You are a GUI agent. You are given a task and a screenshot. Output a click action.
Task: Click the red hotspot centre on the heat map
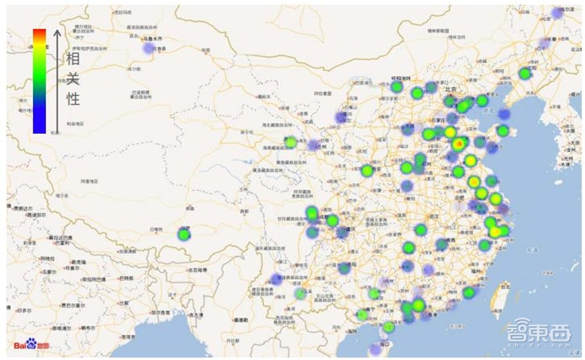point(458,144)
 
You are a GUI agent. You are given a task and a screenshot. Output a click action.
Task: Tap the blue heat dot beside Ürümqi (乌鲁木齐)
point(149,48)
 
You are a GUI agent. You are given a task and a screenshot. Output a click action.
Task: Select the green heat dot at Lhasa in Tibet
point(184,234)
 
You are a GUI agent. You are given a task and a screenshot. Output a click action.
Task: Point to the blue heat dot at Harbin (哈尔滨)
point(558,13)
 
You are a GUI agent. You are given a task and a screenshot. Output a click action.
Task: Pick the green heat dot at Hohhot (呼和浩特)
point(397,87)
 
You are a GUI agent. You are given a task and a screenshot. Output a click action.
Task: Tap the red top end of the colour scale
point(39,33)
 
